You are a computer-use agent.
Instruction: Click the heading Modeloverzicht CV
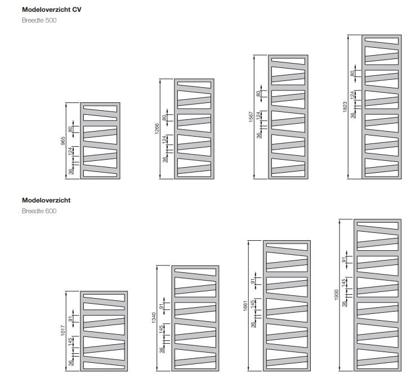click(x=51, y=10)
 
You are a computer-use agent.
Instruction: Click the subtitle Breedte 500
click(x=39, y=20)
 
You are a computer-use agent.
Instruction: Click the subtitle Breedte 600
click(x=39, y=211)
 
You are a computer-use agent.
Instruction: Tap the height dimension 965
click(x=63, y=141)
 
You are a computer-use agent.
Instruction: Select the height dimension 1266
click(x=157, y=129)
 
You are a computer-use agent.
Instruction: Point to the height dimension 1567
click(x=251, y=117)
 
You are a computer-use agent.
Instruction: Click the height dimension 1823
click(x=345, y=107)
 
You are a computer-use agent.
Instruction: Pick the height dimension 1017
click(x=63, y=331)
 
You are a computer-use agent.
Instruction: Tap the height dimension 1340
click(x=154, y=318)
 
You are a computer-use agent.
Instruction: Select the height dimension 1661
click(x=245, y=305)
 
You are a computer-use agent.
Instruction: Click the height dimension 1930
click(x=337, y=295)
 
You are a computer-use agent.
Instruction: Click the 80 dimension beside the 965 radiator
click(x=70, y=129)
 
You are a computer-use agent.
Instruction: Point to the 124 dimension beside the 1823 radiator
click(x=352, y=95)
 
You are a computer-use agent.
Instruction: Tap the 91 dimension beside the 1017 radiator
click(x=70, y=318)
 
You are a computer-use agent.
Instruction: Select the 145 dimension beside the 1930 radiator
click(x=344, y=282)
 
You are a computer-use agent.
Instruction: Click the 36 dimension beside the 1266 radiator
click(x=164, y=159)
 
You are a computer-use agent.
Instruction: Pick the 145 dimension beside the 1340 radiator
click(x=161, y=329)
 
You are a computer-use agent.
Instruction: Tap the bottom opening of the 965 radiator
click(x=100, y=173)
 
